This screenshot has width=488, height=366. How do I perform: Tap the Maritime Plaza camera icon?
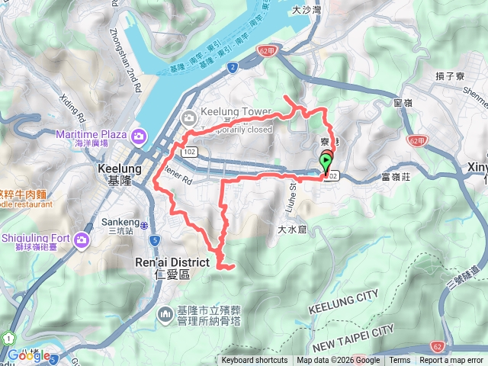(139, 136)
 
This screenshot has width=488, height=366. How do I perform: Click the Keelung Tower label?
(235, 112)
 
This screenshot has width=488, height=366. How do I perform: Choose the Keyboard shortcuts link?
(254, 361)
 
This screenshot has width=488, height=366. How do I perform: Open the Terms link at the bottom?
(400, 361)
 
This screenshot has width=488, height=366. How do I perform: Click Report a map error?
(451, 361)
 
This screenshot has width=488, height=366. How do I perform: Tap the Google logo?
(28, 355)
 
